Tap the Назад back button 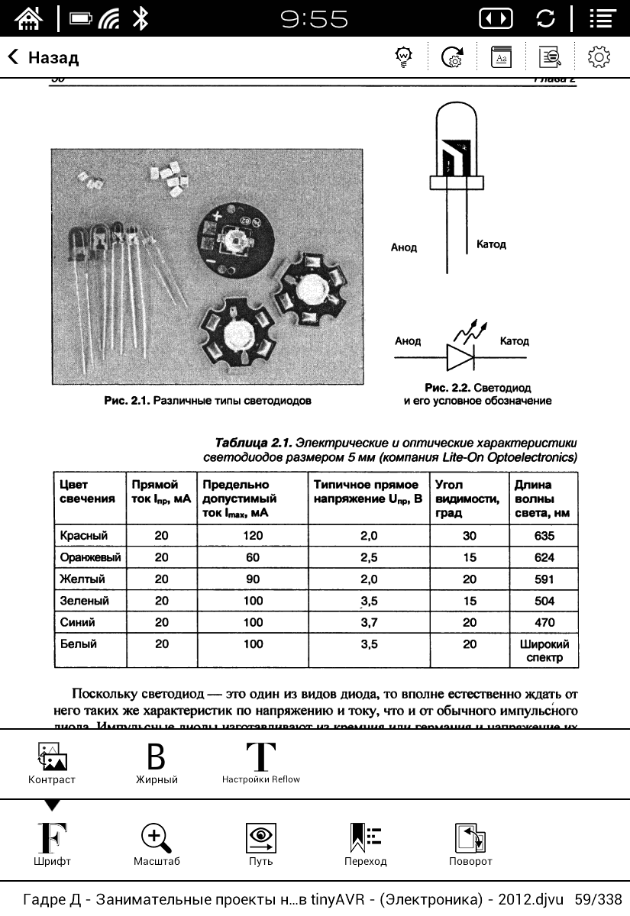(x=44, y=58)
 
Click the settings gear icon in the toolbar (x=599, y=57)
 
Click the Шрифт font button (x=52, y=843)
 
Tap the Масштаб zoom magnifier (x=157, y=843)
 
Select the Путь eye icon (x=260, y=843)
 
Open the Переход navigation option (x=365, y=843)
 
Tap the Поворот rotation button (x=470, y=843)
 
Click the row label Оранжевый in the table (x=90, y=558)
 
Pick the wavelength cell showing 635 (x=544, y=536)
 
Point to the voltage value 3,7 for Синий (x=369, y=623)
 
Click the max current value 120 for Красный (x=253, y=536)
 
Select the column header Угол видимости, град (x=468, y=498)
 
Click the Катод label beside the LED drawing (x=491, y=244)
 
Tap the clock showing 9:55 (x=314, y=18)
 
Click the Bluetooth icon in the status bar (x=140, y=18)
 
